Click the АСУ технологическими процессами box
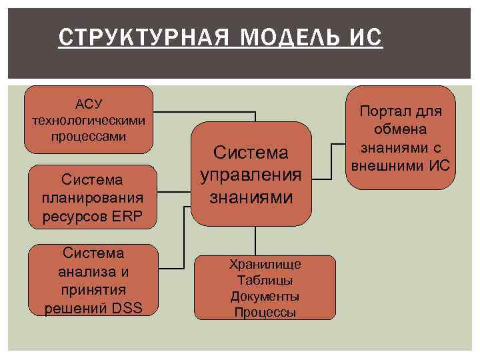click(x=88, y=120)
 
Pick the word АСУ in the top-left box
click(x=89, y=104)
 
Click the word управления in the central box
click(x=251, y=175)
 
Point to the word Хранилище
click(x=265, y=265)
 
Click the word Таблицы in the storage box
click(x=265, y=281)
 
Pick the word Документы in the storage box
click(x=265, y=296)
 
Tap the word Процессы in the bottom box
click(x=265, y=312)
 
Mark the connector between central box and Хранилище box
click(x=255, y=240)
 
